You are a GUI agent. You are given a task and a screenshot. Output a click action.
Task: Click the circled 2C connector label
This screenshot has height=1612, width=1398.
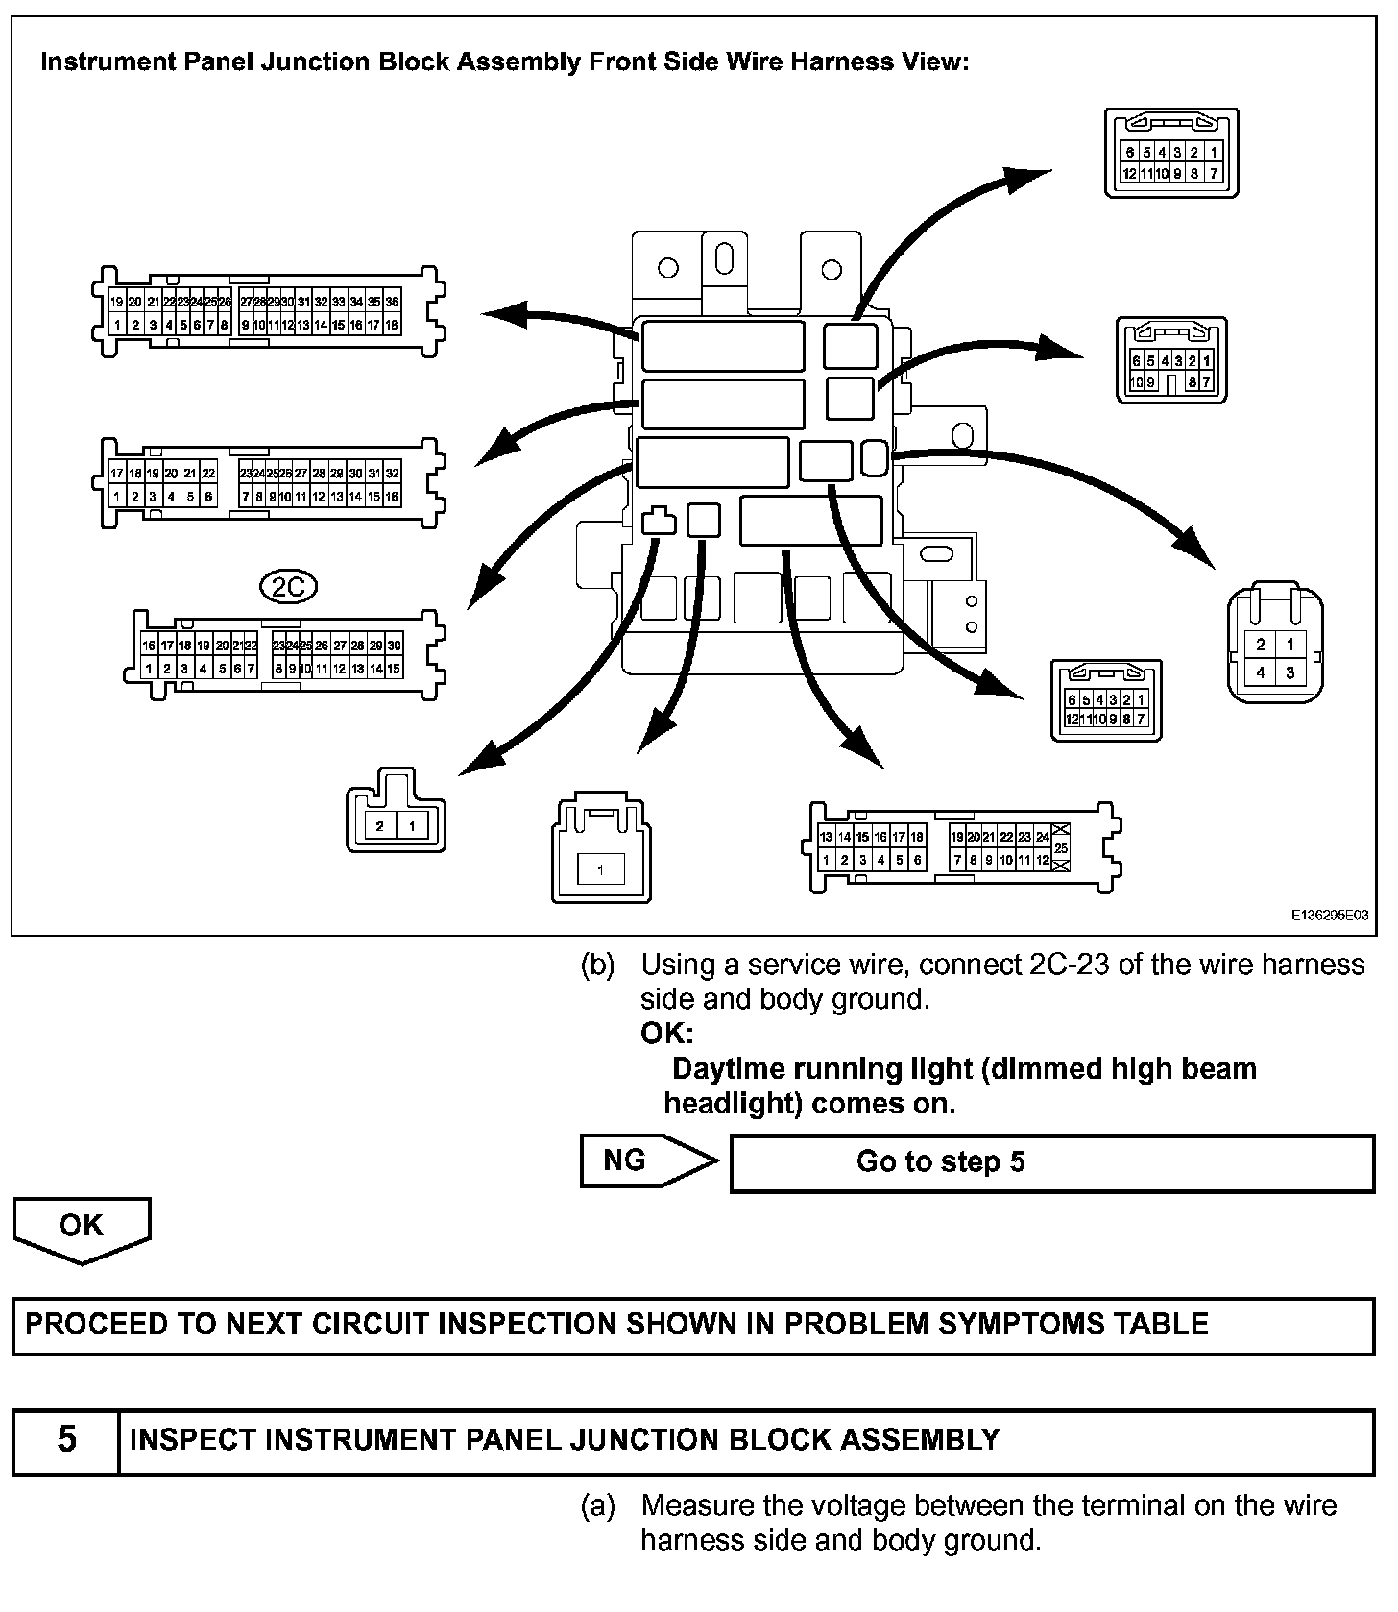pyautogui.click(x=288, y=586)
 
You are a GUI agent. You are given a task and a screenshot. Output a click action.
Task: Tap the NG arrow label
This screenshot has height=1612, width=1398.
pyautogui.click(x=627, y=1160)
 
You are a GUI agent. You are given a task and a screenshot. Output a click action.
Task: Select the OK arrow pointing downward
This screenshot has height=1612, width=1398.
pyautogui.click(x=82, y=1227)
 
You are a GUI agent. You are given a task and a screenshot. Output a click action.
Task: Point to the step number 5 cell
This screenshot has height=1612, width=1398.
pyautogui.click(x=66, y=1439)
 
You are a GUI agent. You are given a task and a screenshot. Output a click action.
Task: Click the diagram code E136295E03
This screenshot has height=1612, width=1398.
pyautogui.click(x=1329, y=916)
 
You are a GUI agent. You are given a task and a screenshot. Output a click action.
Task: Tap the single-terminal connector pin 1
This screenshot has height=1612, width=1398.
pyautogui.click(x=601, y=870)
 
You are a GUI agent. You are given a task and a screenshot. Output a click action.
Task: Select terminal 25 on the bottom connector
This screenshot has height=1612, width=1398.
pyautogui.click(x=1061, y=848)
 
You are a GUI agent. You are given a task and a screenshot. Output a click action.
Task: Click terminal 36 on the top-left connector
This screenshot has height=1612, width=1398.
pyautogui.click(x=392, y=302)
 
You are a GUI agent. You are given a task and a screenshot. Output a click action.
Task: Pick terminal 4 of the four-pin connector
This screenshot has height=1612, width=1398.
pyautogui.click(x=1261, y=672)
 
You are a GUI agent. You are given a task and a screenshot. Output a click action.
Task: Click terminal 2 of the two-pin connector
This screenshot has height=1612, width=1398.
pyautogui.click(x=380, y=826)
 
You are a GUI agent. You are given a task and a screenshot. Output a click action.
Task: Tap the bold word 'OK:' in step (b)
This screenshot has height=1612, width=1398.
pyautogui.click(x=666, y=1034)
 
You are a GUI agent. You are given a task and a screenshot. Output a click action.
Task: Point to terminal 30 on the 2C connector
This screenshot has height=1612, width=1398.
pyautogui.click(x=394, y=647)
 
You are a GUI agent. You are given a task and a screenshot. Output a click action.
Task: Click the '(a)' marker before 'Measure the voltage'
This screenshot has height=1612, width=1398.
pyautogui.click(x=597, y=1505)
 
